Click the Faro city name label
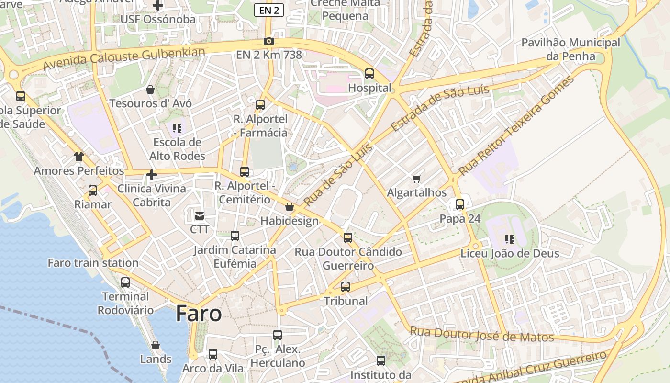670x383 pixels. (x=199, y=314)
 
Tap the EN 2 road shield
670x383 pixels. (x=268, y=10)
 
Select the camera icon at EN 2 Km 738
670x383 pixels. (x=269, y=41)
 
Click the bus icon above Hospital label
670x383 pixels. (x=369, y=74)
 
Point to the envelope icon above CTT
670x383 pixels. (x=199, y=216)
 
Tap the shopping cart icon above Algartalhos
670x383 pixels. (x=416, y=179)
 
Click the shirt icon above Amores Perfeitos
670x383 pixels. (x=78, y=157)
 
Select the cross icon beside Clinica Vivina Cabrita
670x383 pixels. (x=152, y=175)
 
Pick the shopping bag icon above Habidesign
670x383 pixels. (x=290, y=207)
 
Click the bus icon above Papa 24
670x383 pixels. (x=460, y=204)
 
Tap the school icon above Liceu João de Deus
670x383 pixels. (x=510, y=239)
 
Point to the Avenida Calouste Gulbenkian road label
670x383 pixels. (x=124, y=58)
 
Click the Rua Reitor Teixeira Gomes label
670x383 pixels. (x=516, y=125)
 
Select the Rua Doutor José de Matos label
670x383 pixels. (x=482, y=334)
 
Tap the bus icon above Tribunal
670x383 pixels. (x=346, y=287)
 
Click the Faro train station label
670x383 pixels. (x=93, y=263)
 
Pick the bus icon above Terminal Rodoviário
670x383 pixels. (x=125, y=282)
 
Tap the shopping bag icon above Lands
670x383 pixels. (x=156, y=345)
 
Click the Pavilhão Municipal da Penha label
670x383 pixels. (x=570, y=49)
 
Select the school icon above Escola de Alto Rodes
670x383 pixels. (x=177, y=128)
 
